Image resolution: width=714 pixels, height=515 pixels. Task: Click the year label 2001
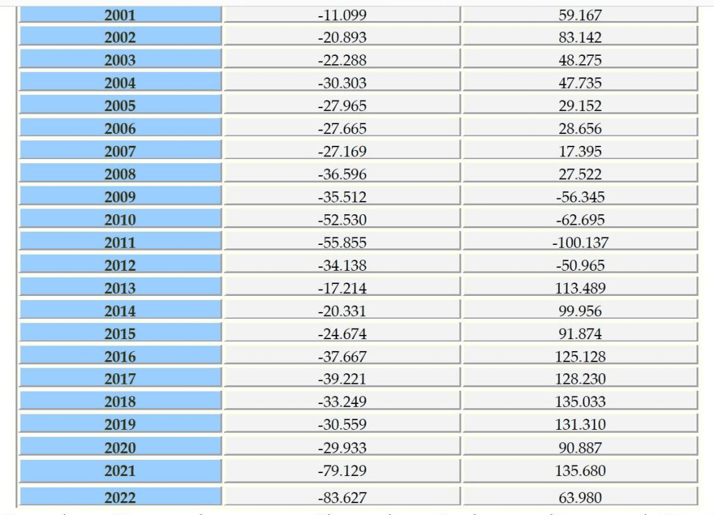click(x=120, y=15)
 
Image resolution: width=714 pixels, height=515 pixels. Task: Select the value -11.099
click(x=342, y=15)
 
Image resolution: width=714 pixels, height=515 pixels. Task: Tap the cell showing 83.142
click(x=580, y=38)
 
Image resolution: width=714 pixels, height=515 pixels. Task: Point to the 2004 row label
click(x=120, y=83)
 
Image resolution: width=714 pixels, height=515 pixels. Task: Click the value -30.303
click(x=342, y=83)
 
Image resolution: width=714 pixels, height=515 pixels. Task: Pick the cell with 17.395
click(x=580, y=151)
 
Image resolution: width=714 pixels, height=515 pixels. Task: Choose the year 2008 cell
click(x=120, y=174)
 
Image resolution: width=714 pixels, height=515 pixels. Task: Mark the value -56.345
click(x=580, y=197)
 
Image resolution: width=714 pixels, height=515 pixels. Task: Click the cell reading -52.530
click(x=342, y=220)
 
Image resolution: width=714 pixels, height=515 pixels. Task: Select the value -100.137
click(x=580, y=243)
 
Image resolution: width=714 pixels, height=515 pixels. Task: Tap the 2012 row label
click(x=120, y=266)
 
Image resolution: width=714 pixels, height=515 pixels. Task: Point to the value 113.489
click(x=580, y=288)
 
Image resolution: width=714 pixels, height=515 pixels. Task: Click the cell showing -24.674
click(x=342, y=334)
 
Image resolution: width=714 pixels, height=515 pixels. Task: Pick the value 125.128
click(x=580, y=357)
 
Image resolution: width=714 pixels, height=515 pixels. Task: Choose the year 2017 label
click(x=120, y=379)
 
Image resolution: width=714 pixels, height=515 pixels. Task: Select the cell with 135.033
click(x=580, y=402)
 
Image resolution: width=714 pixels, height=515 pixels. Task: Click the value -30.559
click(x=342, y=424)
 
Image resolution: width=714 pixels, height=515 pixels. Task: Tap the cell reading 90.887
click(x=580, y=447)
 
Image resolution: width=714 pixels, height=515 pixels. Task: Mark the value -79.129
click(x=342, y=471)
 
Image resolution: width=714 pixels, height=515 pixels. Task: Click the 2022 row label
click(x=120, y=498)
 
